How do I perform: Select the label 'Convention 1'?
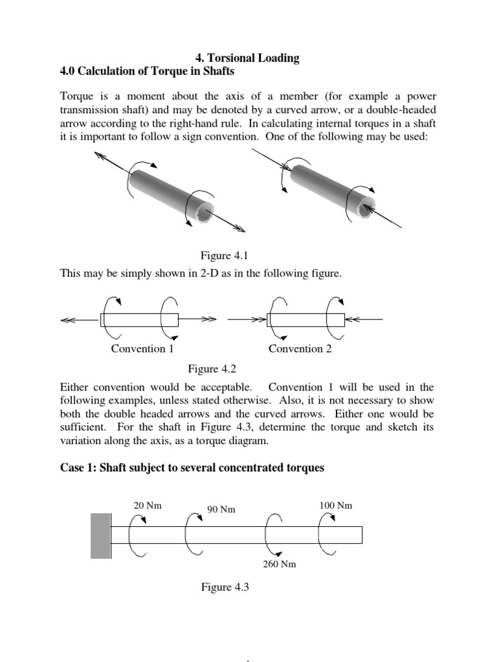point(142,349)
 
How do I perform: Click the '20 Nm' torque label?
point(147,506)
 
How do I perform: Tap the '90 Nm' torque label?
point(221,509)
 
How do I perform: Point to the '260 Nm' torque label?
point(279,564)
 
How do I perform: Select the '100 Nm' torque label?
point(336,506)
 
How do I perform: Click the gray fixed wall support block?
point(100,535)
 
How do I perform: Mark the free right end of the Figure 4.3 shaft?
point(360,535)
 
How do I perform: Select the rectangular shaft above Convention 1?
point(139,319)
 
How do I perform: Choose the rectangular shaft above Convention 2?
point(305,319)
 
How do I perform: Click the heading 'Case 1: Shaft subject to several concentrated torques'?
point(192,467)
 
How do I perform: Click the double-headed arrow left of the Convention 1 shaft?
point(79,319)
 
